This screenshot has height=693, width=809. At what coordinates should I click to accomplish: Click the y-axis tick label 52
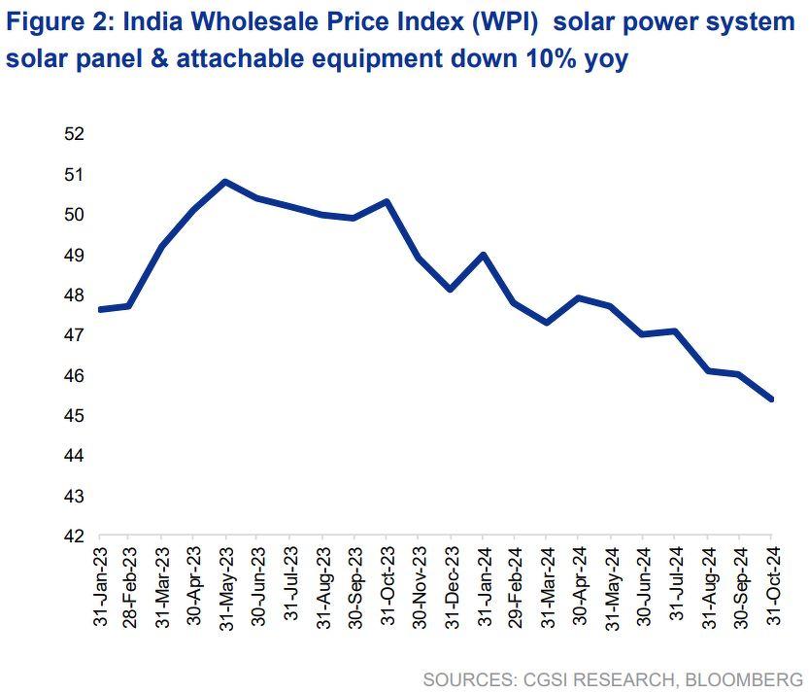[76, 134]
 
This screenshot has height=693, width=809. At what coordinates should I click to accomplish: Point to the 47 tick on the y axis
[76, 335]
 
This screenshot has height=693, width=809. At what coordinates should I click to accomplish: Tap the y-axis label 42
[76, 537]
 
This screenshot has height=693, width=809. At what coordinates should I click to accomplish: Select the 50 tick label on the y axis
[76, 215]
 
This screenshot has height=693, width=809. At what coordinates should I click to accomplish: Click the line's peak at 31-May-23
[225, 182]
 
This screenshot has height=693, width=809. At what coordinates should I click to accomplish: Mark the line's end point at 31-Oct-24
[771, 398]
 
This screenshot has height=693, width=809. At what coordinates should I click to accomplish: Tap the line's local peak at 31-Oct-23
[386, 201]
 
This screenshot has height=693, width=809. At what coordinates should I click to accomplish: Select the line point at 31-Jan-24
[483, 255]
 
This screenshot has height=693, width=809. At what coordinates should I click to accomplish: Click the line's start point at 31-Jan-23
[101, 309]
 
